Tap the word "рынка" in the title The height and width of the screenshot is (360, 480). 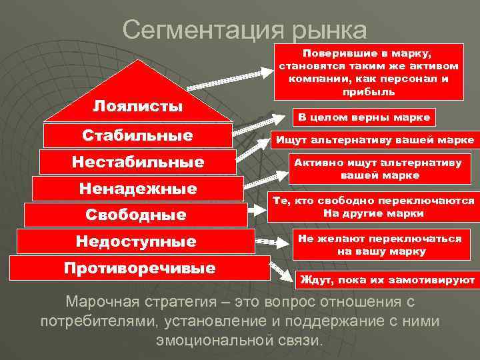point(327,31)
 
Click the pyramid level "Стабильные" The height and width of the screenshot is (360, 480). point(137,135)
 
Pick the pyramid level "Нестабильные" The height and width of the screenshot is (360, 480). point(137,162)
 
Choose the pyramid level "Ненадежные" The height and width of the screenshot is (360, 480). point(137,189)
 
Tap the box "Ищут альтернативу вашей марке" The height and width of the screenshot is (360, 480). point(373,140)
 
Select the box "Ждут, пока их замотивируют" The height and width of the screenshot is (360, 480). point(387,279)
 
